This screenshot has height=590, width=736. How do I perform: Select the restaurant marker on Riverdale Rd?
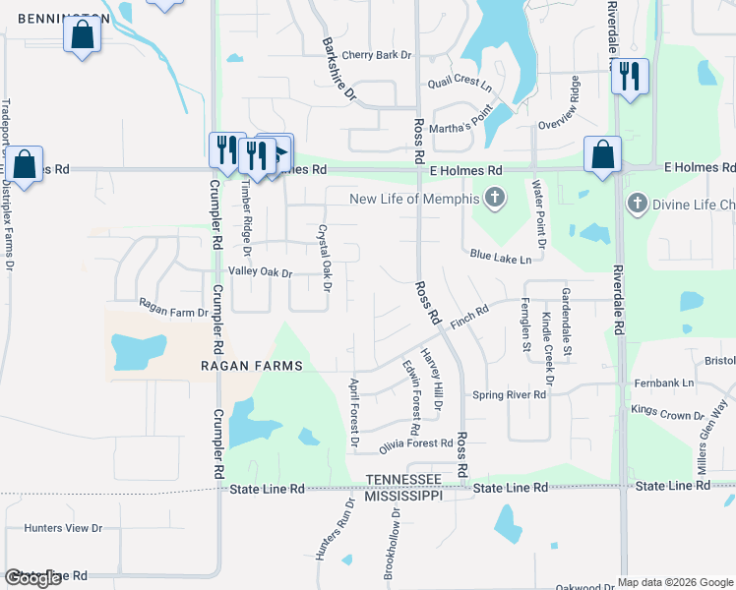point(630,76)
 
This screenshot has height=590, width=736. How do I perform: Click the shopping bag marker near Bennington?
point(83,35)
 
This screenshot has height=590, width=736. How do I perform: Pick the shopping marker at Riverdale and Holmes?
point(602,155)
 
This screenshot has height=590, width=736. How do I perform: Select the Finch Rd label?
point(469,318)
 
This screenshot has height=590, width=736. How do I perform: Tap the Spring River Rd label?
point(509,395)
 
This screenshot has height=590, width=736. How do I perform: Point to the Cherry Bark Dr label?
point(376,55)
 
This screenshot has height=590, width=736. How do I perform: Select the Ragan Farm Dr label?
point(173,313)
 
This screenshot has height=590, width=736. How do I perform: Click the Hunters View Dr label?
point(63,528)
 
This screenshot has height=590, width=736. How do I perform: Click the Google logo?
point(33,578)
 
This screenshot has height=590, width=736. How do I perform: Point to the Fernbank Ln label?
point(663,383)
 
